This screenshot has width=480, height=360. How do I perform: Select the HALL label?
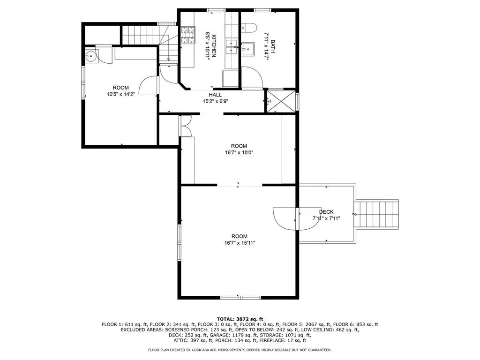pos(215,95)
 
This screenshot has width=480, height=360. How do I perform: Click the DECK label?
pos(326,212)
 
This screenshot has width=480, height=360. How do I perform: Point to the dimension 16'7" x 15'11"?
pos(240,243)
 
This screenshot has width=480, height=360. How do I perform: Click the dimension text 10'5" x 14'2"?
pos(120,94)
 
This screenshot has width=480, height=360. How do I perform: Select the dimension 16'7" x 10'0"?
pos(239,152)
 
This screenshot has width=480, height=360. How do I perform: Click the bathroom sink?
pos(247,49)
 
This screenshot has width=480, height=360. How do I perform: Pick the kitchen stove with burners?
pos(188,35)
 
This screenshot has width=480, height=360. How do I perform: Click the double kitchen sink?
pos(231,47)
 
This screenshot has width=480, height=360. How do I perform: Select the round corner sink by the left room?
pos(91,56)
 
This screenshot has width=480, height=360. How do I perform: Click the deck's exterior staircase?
pos(376,214)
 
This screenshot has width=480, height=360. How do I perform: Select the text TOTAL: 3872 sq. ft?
pos(240,319)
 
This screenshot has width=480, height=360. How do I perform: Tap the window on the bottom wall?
pos(241,297)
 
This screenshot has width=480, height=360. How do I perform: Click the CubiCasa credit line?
pos(240,350)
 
